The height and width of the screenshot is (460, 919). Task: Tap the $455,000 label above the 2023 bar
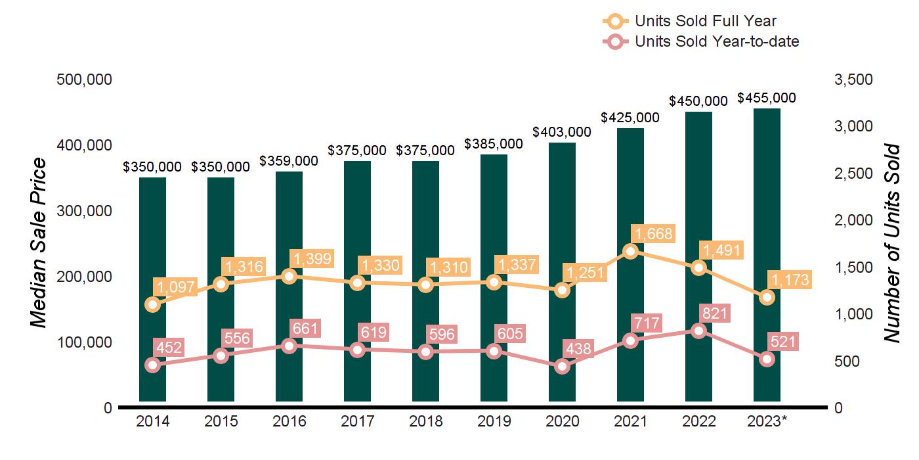coord(767,98)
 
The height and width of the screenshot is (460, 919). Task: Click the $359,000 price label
coord(289,161)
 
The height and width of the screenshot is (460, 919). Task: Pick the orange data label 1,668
coord(653,233)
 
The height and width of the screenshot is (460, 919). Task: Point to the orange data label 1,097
coord(175,287)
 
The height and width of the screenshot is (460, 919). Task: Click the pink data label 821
coord(716,313)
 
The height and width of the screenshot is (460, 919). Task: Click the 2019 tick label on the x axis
coord(494,422)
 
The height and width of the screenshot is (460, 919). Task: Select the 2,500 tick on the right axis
coord(853,173)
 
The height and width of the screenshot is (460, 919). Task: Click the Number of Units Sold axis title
coord(891,242)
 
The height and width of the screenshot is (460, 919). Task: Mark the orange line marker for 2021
coord(630,251)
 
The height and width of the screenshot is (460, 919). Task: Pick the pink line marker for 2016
coord(289,346)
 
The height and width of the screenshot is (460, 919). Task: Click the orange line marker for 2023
coord(767,298)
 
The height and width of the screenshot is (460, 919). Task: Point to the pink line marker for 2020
coord(562,367)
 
